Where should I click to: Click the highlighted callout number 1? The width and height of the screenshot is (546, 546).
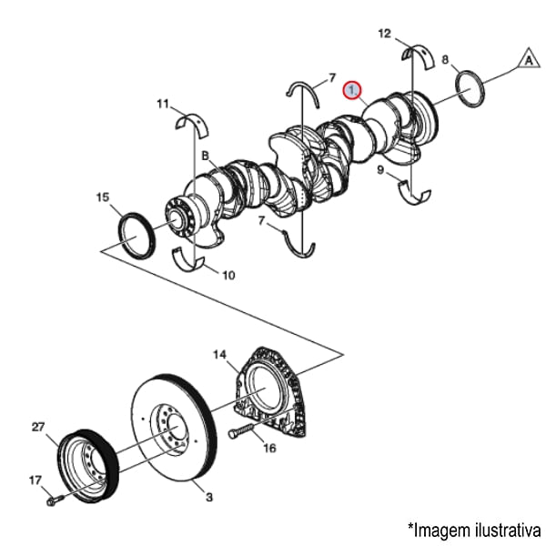pyautogui.click(x=352, y=90)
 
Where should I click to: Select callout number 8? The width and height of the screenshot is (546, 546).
pyautogui.click(x=445, y=60)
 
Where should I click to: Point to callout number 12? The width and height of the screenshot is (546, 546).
pyautogui.click(x=385, y=34)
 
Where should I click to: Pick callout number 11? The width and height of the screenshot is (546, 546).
pyautogui.click(x=163, y=105)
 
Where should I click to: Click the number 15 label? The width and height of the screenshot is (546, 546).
pyautogui.click(x=103, y=197)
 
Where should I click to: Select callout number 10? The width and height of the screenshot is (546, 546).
pyautogui.click(x=227, y=274)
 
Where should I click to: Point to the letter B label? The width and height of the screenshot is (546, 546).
pyautogui.click(x=206, y=156)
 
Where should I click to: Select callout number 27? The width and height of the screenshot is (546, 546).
pyautogui.click(x=38, y=426)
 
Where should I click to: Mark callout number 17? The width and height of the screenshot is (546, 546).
pyautogui.click(x=35, y=480)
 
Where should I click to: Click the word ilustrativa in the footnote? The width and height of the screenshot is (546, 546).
pyautogui.click(x=505, y=528)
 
